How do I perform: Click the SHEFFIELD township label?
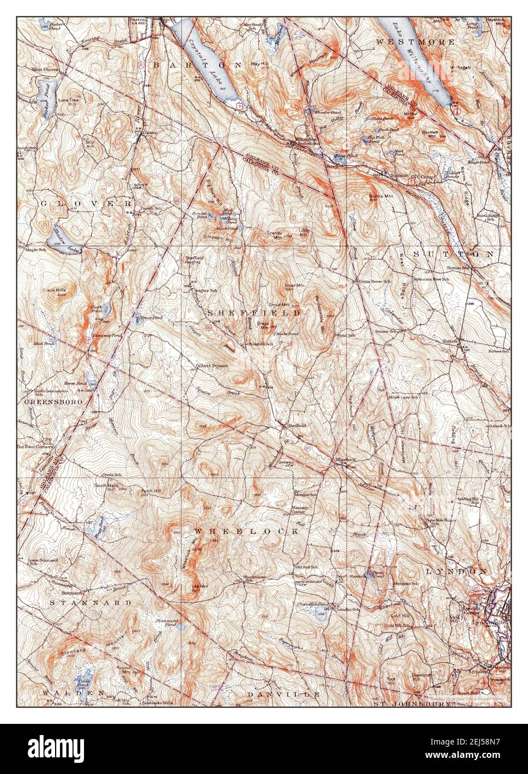(x=254, y=313)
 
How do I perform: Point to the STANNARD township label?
(x=91, y=602)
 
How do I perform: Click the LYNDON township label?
(x=456, y=571)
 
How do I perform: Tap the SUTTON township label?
(x=453, y=254)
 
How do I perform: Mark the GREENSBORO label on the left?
(x=53, y=401)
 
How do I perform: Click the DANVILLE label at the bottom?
(x=284, y=694)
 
